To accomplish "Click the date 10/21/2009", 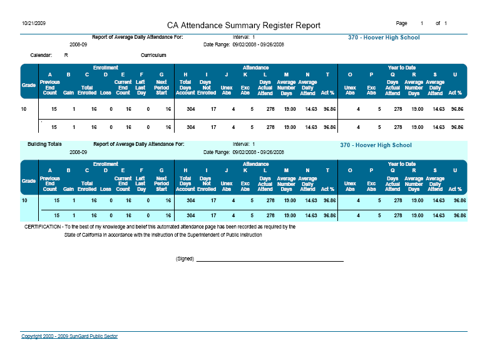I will [x=33, y=23].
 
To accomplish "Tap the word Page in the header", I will [x=402, y=23].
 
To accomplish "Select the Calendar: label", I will [x=41, y=55].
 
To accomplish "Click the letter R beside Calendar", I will [x=66, y=55].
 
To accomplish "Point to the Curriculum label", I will [x=153, y=55].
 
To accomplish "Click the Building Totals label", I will [x=44, y=144].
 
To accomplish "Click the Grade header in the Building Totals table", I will [x=29, y=180].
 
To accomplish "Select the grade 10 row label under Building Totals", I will [x=24, y=201].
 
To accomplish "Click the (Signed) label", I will [x=185, y=259].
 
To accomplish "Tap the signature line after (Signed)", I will [x=270, y=260].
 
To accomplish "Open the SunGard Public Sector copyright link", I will [x=69, y=336].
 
